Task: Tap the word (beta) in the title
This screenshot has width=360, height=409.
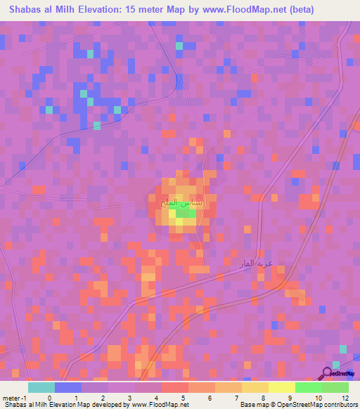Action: click(298, 10)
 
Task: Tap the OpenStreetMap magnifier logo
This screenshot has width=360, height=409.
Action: click(329, 373)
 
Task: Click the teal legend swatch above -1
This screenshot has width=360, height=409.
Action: click(41, 387)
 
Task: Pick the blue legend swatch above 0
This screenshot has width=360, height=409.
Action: click(68, 387)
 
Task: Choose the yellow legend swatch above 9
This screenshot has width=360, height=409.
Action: click(281, 387)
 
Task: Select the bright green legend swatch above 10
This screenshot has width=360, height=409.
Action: click(308, 387)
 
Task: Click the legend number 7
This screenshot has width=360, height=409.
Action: click(236, 397)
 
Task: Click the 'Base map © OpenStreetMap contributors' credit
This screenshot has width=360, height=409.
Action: click(298, 405)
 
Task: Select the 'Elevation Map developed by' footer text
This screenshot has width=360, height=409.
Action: click(95, 405)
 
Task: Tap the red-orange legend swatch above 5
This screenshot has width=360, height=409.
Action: click(174, 387)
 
